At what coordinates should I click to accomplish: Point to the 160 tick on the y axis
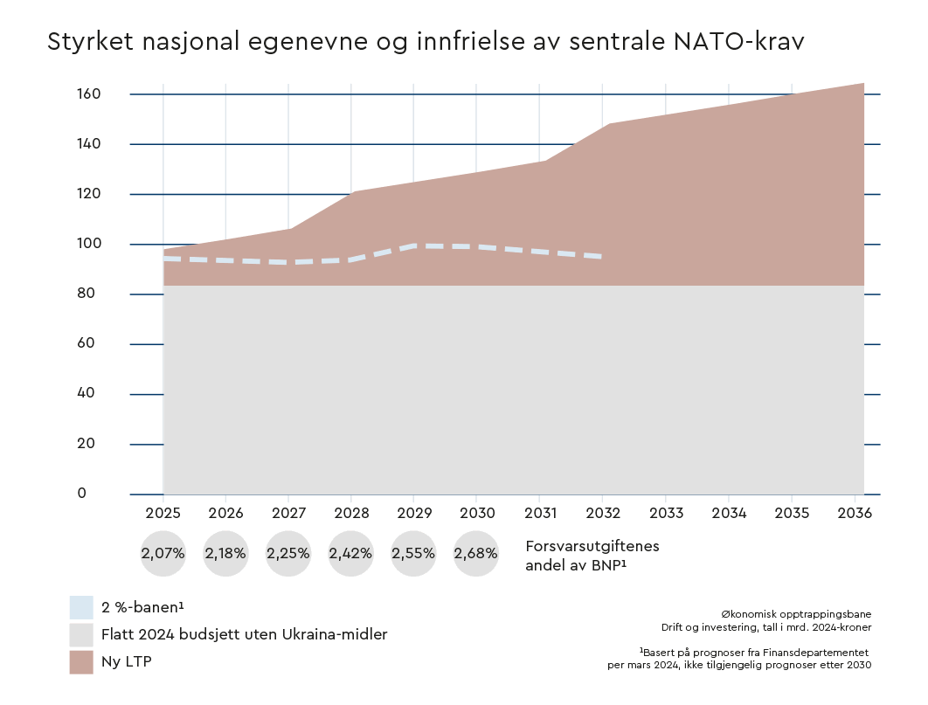[90, 93]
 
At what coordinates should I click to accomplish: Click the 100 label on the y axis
[90, 244]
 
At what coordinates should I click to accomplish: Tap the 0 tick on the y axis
[82, 494]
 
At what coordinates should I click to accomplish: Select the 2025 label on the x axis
[163, 514]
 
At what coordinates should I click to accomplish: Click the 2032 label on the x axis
[603, 514]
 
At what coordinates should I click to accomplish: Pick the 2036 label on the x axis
[855, 514]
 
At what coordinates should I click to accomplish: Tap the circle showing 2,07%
[163, 553]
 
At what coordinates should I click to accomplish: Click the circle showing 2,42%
[350, 553]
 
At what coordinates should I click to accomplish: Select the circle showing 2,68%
[475, 553]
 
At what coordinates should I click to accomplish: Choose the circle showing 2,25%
[288, 553]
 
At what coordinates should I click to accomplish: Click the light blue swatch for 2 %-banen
[81, 607]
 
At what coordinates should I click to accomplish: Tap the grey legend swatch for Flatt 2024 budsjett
[81, 634]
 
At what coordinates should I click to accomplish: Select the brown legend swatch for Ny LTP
[81, 661]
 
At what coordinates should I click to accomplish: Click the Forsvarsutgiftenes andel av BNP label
[592, 555]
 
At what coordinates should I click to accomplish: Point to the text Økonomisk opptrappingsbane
[796, 614]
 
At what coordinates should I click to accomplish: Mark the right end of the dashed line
[601, 256]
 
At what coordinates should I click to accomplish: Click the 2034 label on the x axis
[729, 514]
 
